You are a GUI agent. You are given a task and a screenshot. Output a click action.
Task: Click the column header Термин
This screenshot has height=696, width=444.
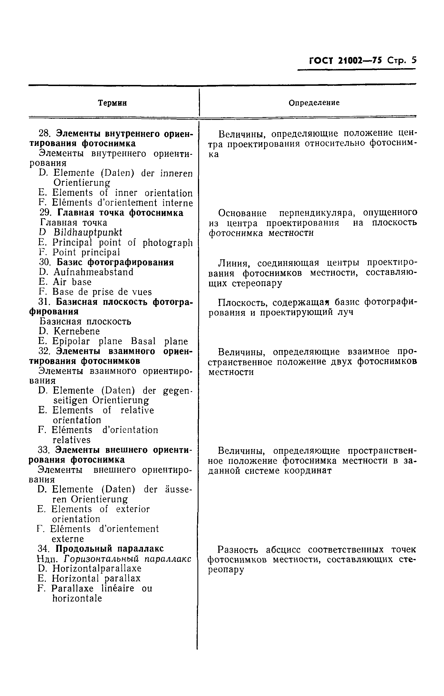[x=112, y=103]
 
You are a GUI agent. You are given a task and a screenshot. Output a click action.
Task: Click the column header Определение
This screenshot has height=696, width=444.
[x=314, y=103]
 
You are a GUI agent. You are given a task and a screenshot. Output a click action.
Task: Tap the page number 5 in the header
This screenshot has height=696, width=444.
[x=414, y=60]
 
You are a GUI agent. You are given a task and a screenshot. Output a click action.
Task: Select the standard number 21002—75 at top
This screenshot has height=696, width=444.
[x=359, y=61]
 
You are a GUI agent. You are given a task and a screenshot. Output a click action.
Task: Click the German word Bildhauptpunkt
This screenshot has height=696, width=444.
[x=87, y=232]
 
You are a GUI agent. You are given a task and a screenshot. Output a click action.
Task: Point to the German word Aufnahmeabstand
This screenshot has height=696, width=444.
[x=93, y=272]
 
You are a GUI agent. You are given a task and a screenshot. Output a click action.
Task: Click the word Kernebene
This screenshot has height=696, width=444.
[x=76, y=331]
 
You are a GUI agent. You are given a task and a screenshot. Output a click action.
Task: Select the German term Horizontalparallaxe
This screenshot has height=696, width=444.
[x=97, y=568]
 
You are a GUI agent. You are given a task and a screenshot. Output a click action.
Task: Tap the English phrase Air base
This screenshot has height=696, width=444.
[x=72, y=282]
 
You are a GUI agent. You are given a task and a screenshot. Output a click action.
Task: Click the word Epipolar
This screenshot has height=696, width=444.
[x=71, y=341]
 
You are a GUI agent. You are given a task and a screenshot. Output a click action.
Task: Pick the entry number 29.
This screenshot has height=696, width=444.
[x=45, y=213]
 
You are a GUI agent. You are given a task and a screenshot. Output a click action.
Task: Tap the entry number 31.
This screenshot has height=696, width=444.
[x=44, y=302]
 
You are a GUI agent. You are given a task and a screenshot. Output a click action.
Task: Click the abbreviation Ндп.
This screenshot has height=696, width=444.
[x=48, y=559]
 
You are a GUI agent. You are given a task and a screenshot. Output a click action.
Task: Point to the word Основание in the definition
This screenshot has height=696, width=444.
[x=242, y=213]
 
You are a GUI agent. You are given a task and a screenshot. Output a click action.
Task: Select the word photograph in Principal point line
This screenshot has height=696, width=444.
[x=167, y=243]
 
